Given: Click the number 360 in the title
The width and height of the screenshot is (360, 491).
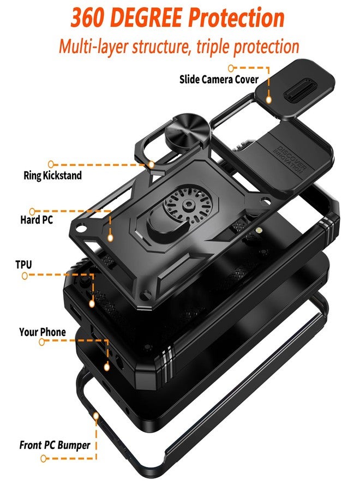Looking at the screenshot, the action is (88, 17).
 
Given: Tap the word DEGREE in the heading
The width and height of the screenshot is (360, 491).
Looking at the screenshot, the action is (146, 17).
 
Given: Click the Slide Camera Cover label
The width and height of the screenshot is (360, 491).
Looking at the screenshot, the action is (219, 80).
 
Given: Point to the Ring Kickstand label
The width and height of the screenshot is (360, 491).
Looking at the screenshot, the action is (52, 175).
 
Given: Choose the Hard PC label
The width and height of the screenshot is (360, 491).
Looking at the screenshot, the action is (37, 219).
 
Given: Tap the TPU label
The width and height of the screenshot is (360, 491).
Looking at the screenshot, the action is (24, 265).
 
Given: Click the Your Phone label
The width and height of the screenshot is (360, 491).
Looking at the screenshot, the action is (43, 332).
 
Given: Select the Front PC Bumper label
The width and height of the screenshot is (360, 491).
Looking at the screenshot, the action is (55, 445).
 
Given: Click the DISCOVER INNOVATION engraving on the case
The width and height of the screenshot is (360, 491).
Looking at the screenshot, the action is (290, 159).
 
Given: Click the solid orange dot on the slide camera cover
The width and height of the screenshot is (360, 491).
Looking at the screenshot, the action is (268, 100).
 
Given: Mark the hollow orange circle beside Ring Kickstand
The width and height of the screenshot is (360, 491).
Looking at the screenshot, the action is (51, 164).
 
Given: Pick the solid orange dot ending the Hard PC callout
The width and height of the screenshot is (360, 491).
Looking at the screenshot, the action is (110, 238).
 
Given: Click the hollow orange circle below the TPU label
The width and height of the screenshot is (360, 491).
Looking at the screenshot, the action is (25, 276).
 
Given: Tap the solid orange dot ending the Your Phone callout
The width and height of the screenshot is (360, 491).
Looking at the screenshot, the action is (107, 367).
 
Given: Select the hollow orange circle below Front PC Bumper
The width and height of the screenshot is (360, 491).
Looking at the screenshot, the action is (44, 459).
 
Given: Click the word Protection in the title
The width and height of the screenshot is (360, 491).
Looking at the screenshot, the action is (237, 17).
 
